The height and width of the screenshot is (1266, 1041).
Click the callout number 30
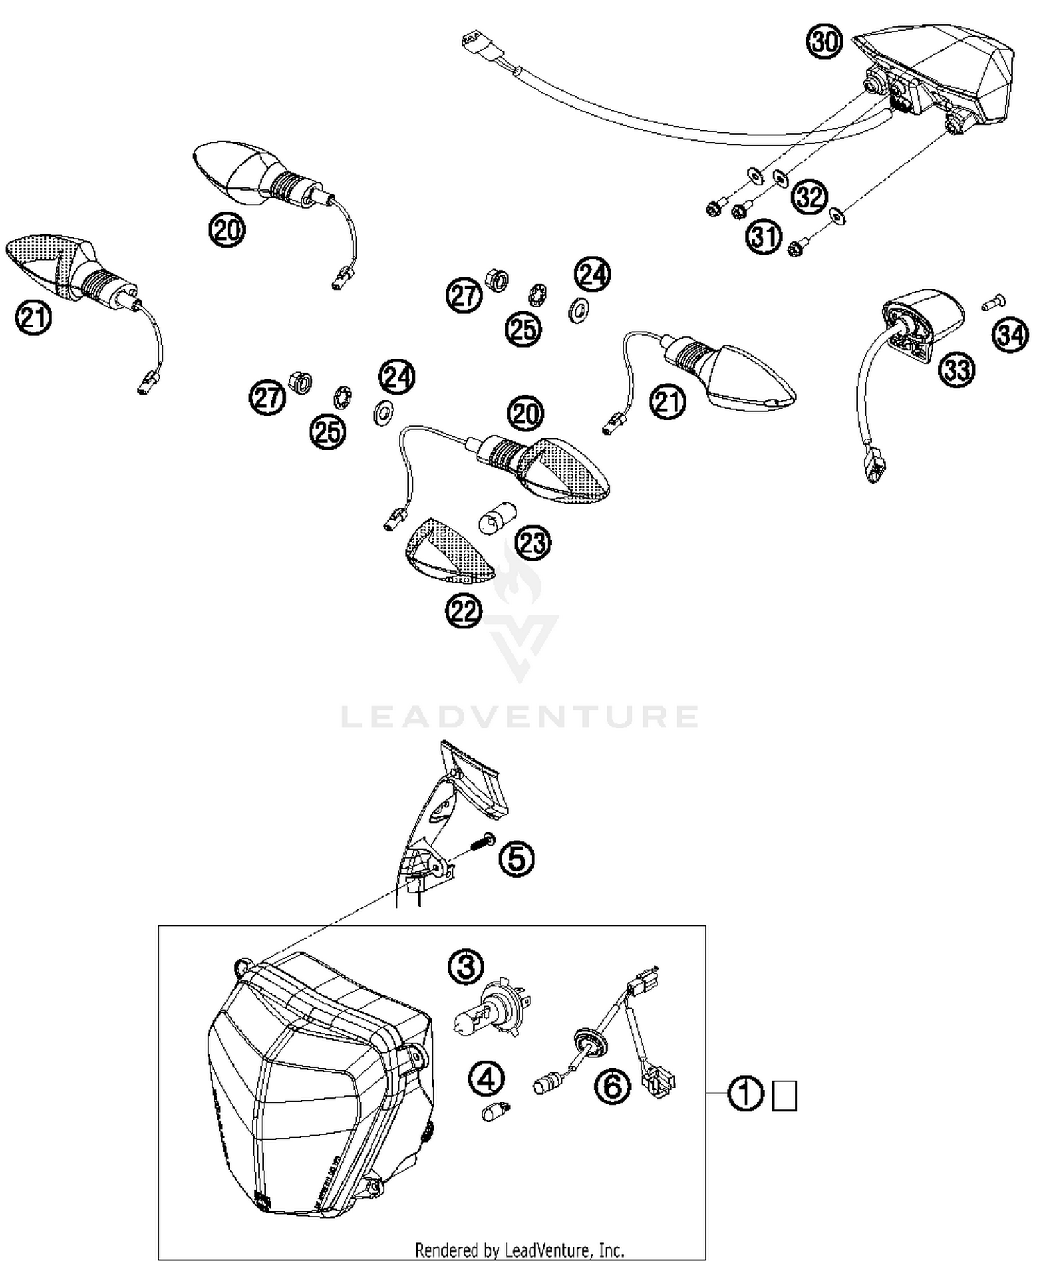click(x=824, y=42)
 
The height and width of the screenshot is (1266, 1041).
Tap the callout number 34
click(x=1010, y=336)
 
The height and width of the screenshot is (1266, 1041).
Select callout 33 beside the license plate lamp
click(x=956, y=370)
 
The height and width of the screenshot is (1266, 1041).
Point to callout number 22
click(x=464, y=611)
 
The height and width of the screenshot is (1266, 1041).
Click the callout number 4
click(x=486, y=1078)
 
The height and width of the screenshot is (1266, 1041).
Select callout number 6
click(x=613, y=1086)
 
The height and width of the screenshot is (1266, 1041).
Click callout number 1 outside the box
click(x=745, y=1095)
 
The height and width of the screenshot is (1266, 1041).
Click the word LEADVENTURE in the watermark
click(x=520, y=717)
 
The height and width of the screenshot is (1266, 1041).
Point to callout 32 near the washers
click(x=809, y=197)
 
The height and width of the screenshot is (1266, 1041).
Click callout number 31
click(x=764, y=237)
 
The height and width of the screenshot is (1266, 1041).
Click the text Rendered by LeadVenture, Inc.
click(x=519, y=1250)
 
